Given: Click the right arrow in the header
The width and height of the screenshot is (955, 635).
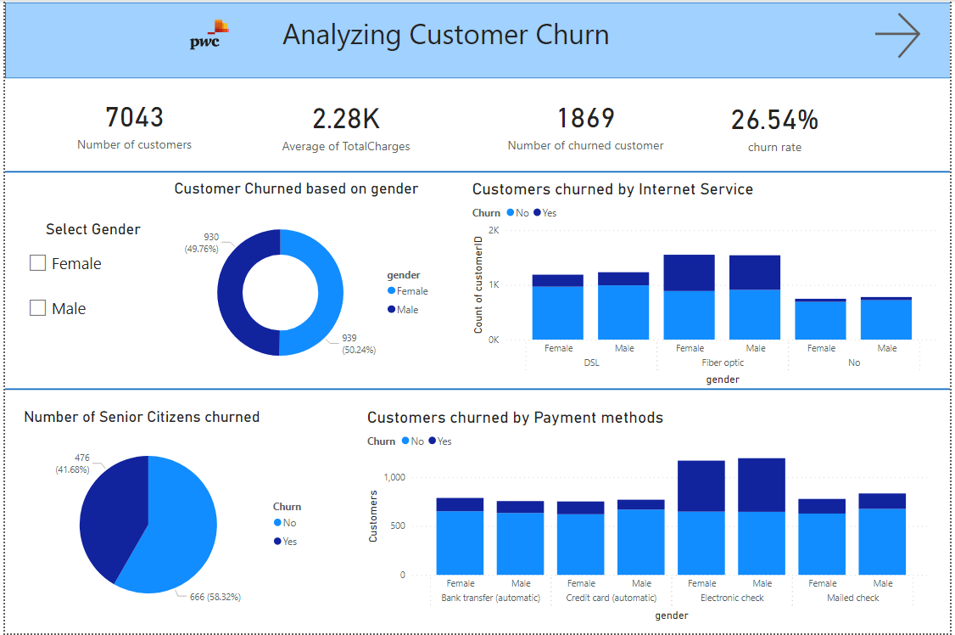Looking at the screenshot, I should [x=897, y=35].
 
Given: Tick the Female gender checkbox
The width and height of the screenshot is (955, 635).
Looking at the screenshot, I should [x=37, y=263].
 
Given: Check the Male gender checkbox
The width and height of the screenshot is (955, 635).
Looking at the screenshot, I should [x=37, y=308].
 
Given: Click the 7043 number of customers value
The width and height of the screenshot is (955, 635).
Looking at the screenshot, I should [x=134, y=117].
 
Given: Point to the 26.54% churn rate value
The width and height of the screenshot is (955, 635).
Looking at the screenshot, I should [x=774, y=121].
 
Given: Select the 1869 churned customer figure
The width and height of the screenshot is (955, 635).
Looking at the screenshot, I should [x=585, y=118].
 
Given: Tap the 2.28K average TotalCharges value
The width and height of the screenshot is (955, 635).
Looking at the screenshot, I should [x=345, y=118].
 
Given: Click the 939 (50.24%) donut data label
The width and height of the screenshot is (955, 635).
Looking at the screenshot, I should [x=359, y=343].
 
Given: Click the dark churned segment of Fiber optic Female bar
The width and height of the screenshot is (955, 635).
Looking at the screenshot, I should [x=690, y=273].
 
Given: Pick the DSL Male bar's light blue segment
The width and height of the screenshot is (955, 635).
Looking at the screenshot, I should [x=623, y=312].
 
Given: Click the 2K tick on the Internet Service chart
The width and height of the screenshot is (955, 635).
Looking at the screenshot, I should [x=494, y=230].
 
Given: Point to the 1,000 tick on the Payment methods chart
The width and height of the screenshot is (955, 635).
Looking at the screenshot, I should [x=394, y=477].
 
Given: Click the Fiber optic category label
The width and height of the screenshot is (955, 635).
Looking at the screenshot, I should [x=723, y=362].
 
